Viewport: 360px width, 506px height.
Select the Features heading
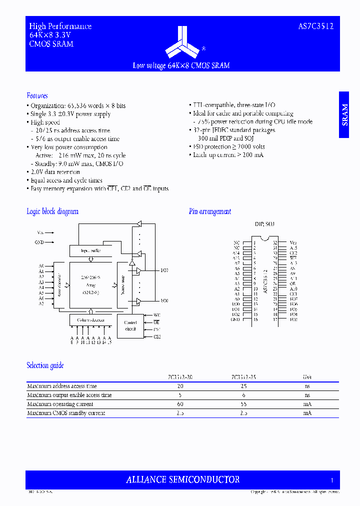point(37,95)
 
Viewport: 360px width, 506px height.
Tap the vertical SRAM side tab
point(344,115)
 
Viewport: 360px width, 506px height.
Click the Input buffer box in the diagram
point(90,250)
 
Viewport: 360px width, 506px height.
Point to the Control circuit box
point(130,325)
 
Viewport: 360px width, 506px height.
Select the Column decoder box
point(90,319)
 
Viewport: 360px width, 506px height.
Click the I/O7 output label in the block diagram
point(164,270)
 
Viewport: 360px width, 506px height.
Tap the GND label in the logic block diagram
point(39,242)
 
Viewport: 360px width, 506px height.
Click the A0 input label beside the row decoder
point(41,265)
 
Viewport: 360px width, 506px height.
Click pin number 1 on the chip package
point(254,242)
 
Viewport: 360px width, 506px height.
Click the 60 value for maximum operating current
point(180,404)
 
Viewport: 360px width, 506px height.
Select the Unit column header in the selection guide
point(307,377)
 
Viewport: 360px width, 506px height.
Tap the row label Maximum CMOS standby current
point(66,413)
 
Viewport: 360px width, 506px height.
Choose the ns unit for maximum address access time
point(307,386)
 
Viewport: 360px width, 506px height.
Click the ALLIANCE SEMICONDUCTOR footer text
point(182,479)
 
